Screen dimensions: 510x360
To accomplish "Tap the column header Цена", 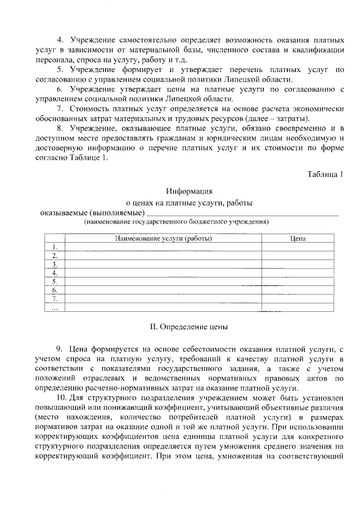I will (x=298, y=239).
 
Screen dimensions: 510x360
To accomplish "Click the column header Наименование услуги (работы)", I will (x=163, y=239).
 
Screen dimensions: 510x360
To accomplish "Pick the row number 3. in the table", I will (x=55, y=264).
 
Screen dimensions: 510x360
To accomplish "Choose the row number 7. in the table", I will (x=55, y=299).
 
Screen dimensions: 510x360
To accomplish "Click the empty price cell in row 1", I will (x=298, y=247).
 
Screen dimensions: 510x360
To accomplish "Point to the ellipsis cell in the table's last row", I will (x=55, y=308).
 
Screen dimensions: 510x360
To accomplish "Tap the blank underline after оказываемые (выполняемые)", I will (x=242, y=213).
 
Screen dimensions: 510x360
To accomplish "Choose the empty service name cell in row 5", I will (x=163, y=281).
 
